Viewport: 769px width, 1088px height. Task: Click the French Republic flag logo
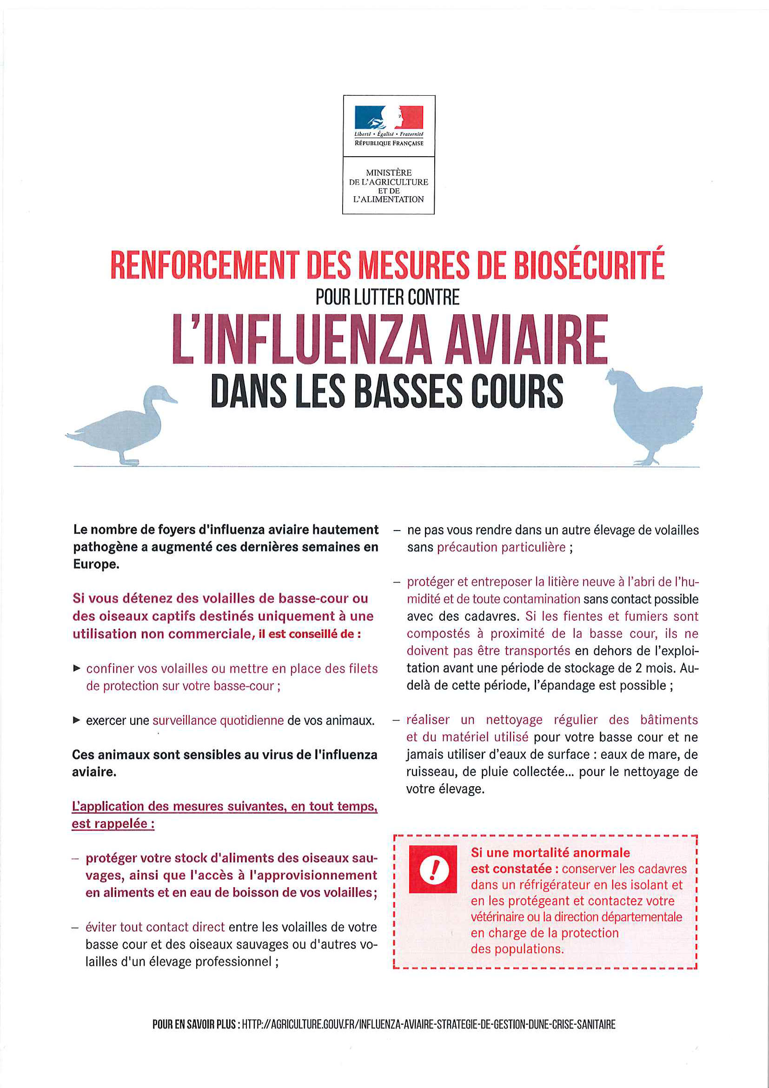pyautogui.click(x=389, y=117)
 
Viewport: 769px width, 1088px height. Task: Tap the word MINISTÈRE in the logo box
pyautogui.click(x=389, y=172)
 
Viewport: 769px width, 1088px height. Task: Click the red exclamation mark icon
pyautogui.click(x=433, y=869)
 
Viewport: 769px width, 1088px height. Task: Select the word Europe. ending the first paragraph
pyautogui.click(x=96, y=564)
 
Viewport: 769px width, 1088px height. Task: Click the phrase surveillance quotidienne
pyautogui.click(x=218, y=720)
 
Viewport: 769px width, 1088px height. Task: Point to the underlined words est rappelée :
pyautogui.click(x=113, y=823)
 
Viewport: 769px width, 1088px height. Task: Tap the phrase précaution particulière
pyautogui.click(x=501, y=547)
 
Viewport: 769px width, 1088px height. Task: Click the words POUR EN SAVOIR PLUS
pyautogui.click(x=194, y=1024)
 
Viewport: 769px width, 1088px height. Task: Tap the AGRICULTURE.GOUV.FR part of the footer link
pyautogui.click(x=312, y=1024)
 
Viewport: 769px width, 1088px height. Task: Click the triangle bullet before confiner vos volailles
pyautogui.click(x=77, y=668)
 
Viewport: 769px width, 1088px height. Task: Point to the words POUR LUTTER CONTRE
pyautogui.click(x=387, y=298)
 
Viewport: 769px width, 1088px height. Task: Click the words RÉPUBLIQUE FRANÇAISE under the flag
pyautogui.click(x=389, y=143)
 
